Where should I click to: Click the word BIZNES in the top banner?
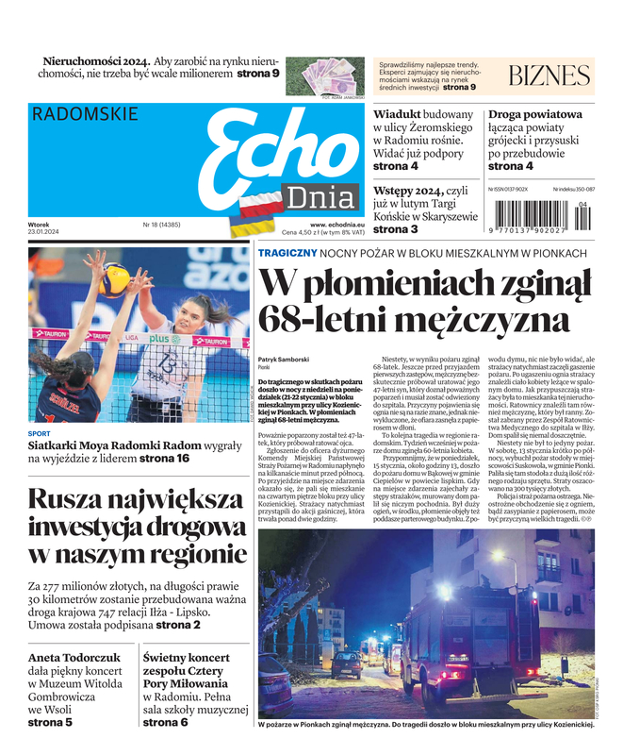(549, 76)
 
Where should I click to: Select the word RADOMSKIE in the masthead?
(85, 114)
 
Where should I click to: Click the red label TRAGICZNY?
(287, 252)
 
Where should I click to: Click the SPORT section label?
(39, 434)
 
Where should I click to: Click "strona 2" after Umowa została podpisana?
(177, 624)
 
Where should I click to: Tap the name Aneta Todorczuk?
(72, 657)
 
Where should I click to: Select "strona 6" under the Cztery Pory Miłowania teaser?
(165, 722)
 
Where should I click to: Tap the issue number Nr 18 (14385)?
(161, 225)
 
